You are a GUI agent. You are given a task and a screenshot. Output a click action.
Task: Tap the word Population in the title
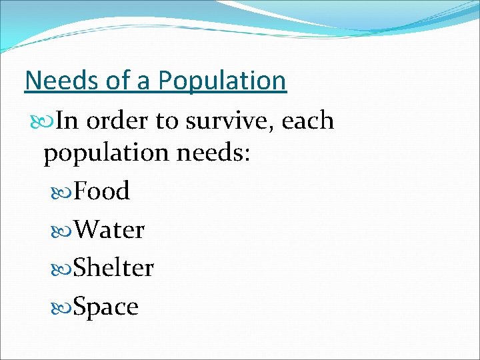coord(222,81)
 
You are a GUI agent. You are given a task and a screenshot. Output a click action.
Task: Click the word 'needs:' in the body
coord(213,153)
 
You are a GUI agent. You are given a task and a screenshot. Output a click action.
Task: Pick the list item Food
coord(101,191)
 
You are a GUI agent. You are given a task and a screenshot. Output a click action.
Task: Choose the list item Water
coord(109,230)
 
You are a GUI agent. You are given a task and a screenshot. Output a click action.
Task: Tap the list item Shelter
coord(113,268)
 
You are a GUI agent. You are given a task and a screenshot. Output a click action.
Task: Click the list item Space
coord(106,307)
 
